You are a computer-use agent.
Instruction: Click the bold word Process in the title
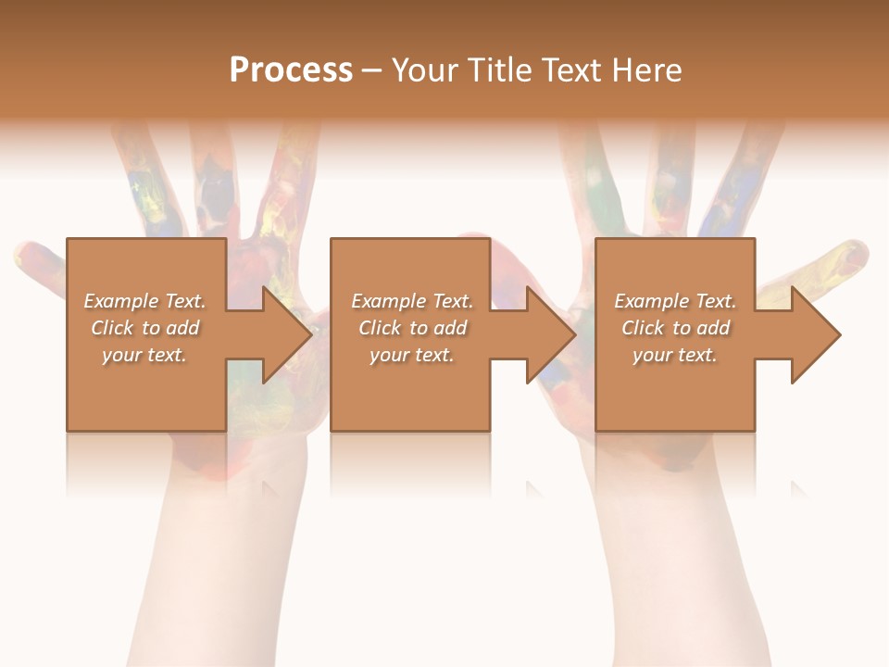coord(291,70)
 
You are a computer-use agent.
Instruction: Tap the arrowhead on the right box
coord(814,334)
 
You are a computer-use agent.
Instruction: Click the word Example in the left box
coord(120,301)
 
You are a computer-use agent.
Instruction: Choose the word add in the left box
coord(183,328)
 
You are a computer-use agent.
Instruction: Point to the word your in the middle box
coord(389,356)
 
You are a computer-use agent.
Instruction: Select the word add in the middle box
coord(451,328)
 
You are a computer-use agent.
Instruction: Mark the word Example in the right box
coord(652,301)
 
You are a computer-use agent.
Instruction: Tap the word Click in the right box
coord(644,328)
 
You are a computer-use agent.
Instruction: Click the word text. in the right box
coord(696,356)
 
